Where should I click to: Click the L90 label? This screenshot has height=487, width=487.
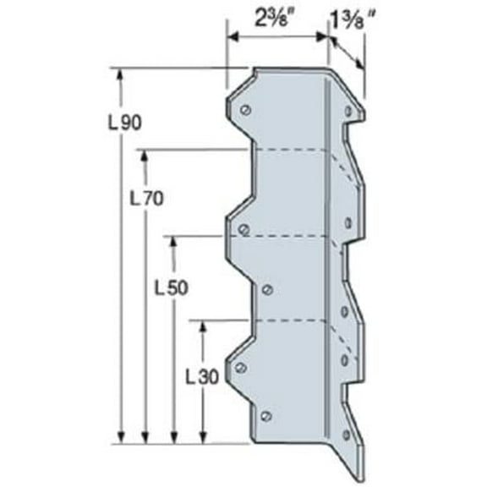click(x=124, y=121)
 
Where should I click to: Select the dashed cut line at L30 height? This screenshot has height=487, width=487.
click(x=287, y=321)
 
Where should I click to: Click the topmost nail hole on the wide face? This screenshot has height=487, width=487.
click(x=244, y=109)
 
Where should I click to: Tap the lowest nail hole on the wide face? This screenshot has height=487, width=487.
click(x=267, y=415)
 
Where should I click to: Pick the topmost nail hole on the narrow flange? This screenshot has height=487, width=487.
click(x=347, y=110)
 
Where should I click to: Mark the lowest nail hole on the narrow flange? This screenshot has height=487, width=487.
click(x=346, y=435)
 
